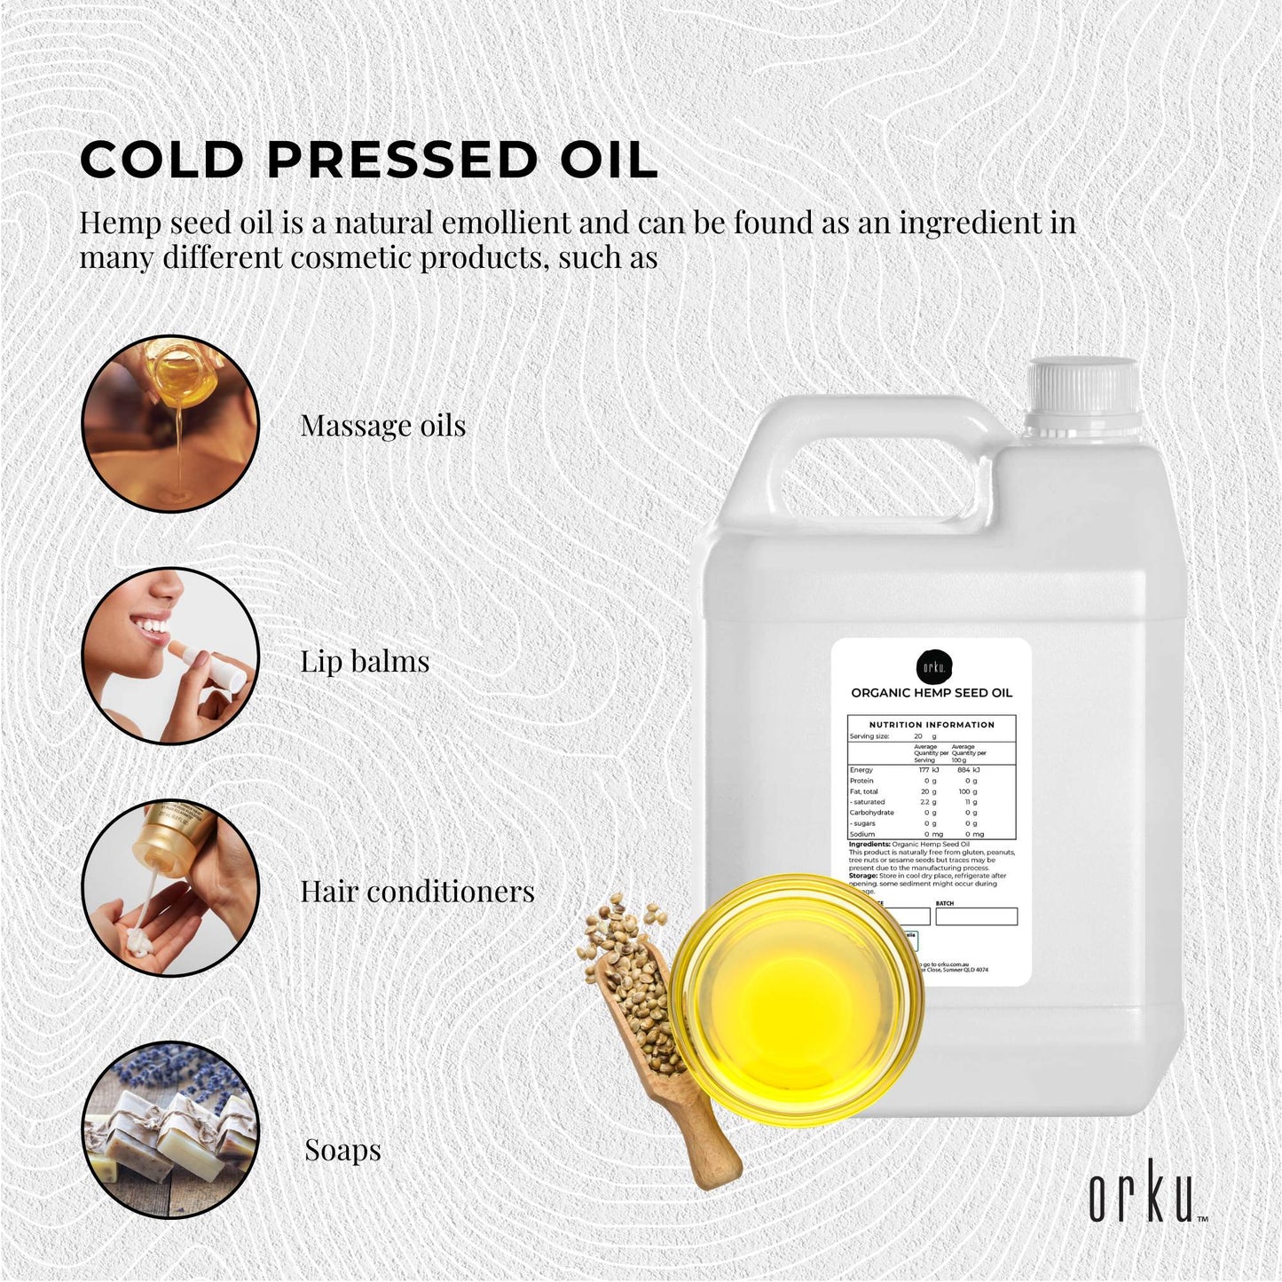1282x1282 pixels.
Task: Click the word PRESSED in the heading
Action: (x=402, y=161)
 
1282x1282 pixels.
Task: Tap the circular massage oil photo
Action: (x=170, y=423)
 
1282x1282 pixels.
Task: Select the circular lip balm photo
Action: (x=170, y=656)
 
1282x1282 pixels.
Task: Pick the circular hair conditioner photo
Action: (x=170, y=888)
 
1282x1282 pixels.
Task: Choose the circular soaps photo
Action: (x=170, y=1129)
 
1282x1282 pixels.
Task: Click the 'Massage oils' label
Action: (x=382, y=426)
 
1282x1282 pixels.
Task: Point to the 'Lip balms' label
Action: (x=364, y=662)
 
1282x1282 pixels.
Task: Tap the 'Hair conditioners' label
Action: (x=417, y=892)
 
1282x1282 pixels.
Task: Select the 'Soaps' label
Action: (x=342, y=1150)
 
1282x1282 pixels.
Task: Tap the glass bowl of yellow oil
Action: (x=796, y=999)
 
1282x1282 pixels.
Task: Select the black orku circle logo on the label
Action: (x=933, y=666)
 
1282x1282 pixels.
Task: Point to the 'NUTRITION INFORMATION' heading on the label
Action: (x=932, y=725)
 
